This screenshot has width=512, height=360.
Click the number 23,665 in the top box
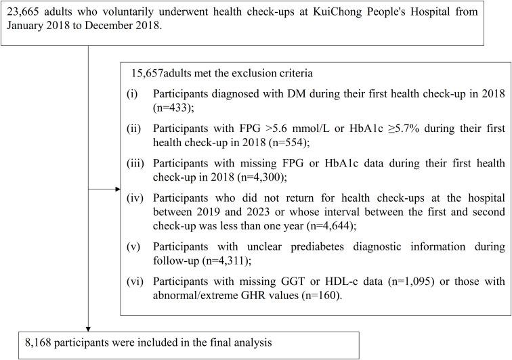point(25,12)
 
